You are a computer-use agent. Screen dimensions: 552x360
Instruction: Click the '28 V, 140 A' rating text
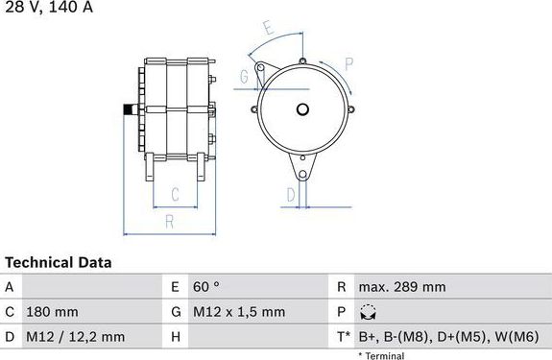click(49, 7)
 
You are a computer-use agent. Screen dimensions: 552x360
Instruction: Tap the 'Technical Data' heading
click(59, 262)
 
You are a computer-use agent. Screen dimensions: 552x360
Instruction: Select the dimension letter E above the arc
click(269, 28)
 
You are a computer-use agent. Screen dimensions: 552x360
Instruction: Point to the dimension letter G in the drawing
click(244, 77)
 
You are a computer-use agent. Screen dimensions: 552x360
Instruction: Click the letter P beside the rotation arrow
click(348, 64)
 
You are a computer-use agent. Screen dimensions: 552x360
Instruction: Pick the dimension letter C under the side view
click(175, 194)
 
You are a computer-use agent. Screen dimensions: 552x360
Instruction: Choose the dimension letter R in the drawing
click(169, 222)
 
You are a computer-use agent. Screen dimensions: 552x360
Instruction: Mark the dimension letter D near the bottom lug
click(291, 195)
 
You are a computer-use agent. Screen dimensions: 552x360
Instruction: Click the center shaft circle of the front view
click(302, 109)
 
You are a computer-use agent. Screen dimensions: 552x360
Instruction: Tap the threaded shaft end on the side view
click(131, 109)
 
